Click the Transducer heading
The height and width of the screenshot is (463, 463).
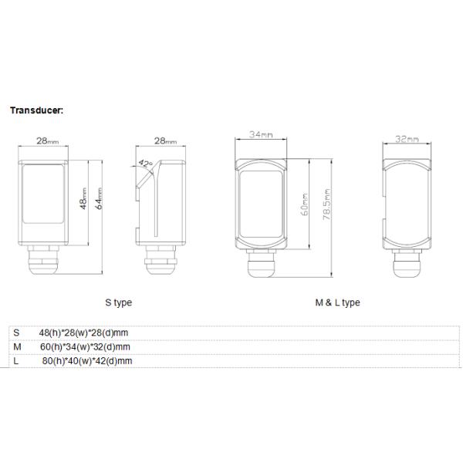36,110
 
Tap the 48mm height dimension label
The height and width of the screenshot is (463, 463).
84,198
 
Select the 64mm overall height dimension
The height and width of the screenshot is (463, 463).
99,198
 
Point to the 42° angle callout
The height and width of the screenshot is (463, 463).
145,164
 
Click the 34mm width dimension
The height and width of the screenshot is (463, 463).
261,134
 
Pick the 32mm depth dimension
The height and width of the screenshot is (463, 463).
407,139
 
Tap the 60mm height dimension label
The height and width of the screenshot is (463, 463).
305,204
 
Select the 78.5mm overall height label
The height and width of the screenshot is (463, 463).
326,204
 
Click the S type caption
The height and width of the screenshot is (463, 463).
118,302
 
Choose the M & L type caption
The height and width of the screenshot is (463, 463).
337,302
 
